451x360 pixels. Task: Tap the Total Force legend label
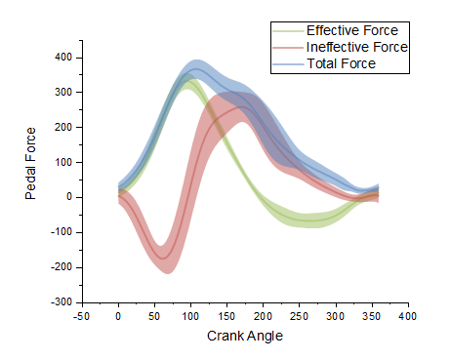pos(341,63)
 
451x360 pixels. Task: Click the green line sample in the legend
pos(288,30)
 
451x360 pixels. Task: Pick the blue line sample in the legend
pos(288,63)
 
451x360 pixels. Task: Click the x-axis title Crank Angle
pos(245,337)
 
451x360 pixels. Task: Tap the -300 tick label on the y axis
pos(61,302)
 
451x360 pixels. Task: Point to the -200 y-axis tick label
pos(61,267)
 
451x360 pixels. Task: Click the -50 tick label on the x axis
pos(82,316)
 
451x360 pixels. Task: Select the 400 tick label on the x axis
pos(408,316)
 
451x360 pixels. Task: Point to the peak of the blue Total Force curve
pos(195,70)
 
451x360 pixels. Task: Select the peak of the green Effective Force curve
pos(188,85)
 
